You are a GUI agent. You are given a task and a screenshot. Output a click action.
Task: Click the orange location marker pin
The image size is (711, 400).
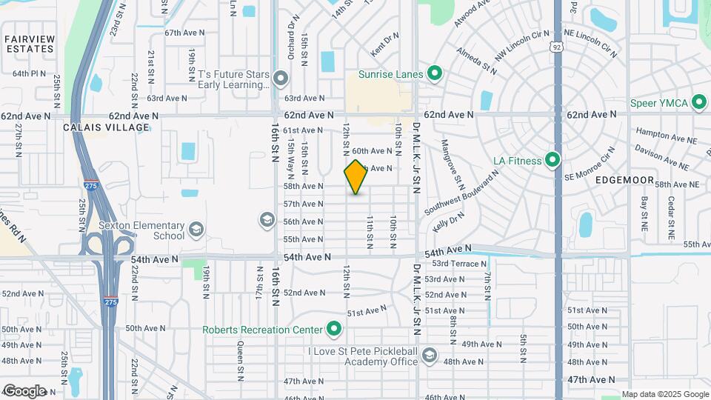coord(355,177)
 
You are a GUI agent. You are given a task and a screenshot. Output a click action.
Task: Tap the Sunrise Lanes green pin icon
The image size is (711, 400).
coord(435,74)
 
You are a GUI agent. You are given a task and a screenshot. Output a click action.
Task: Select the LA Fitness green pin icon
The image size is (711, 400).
coord(552,160)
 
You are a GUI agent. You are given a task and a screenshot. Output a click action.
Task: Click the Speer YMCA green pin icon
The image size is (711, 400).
coord(698,104)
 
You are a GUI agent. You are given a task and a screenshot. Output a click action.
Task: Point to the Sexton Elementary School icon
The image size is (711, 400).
coord(196,229)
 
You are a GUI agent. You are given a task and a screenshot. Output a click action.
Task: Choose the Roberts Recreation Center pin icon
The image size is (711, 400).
coord(334,330)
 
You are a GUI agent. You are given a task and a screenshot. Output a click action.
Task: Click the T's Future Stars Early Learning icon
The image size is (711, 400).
coord(280,78)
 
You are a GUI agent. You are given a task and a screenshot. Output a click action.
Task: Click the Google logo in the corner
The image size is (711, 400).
coord(24,390)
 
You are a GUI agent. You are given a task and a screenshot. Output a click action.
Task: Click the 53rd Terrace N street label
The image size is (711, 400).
coord(461,264)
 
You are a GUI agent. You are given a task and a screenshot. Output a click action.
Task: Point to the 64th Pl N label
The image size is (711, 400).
coord(30,74)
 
